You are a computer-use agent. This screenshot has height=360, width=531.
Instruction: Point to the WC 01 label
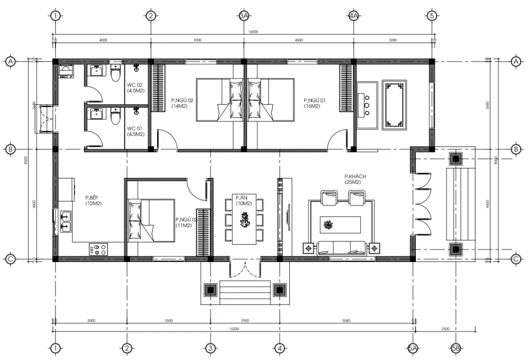coord(135,131)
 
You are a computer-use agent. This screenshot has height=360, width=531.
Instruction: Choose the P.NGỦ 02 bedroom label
coord(182,103)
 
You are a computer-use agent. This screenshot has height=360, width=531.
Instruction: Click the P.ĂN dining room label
coord(243,200)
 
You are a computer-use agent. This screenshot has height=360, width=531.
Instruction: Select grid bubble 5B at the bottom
coord(456,348)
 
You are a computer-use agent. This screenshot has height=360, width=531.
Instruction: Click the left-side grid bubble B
coord(10,149)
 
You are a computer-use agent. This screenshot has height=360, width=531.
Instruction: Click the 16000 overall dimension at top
coord(253,32)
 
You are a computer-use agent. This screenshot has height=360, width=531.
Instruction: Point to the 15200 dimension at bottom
coord(234,328)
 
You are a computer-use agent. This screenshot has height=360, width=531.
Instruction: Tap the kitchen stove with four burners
coord(97,250)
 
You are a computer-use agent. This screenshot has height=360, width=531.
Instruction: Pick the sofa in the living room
coord(340,247)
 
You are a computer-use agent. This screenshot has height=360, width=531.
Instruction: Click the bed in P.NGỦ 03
coord(151,220)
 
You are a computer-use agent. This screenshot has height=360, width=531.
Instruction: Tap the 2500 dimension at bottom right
coord(445,328)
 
